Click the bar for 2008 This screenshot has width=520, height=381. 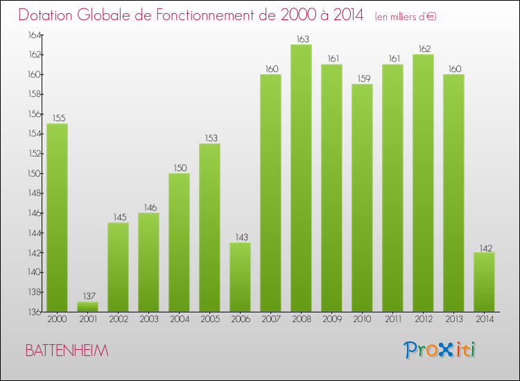(301, 178)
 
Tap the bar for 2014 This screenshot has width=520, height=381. (484, 282)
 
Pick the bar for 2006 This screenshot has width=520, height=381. (240, 277)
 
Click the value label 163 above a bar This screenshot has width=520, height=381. (301, 39)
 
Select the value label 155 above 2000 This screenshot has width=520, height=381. (57, 118)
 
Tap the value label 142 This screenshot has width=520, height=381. (484, 247)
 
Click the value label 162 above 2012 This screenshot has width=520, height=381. (423, 49)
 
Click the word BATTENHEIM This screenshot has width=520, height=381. (67, 351)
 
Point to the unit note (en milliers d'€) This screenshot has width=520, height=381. (405, 17)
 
